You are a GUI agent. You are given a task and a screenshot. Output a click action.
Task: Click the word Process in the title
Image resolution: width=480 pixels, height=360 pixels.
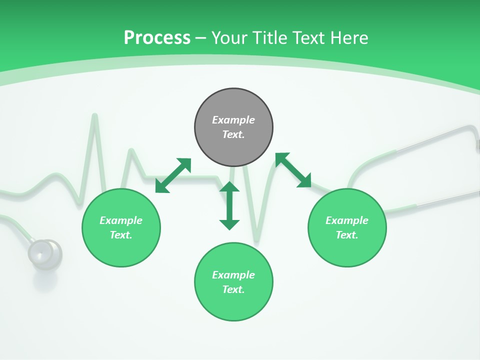coord(157,38)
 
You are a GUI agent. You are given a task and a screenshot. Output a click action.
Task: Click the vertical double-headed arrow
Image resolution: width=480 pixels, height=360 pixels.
coord(229,205)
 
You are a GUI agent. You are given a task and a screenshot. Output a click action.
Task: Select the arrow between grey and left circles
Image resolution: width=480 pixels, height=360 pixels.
coord(173,175)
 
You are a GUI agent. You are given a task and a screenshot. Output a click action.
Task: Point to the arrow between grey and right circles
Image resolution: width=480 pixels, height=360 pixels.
coord(293,170)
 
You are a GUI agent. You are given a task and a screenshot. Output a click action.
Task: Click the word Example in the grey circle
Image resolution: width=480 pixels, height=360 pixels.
coord(233,120)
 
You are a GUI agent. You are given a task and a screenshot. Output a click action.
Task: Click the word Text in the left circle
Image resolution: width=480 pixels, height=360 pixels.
coord(120,235)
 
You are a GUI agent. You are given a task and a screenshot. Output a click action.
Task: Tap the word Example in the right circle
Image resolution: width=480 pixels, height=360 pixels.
coord(347,220)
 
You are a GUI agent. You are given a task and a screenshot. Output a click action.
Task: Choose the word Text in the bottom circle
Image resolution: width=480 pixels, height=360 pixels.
coord(233,289)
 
